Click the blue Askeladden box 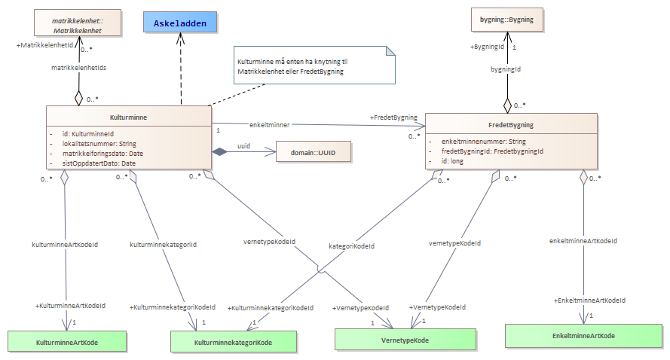click(180, 23)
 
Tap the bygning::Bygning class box click(506, 20)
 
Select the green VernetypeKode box click(406, 340)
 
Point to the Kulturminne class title click(129, 118)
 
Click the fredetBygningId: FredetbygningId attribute click(492, 151)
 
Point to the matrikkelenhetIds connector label click(77, 68)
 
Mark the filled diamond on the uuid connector click(219, 152)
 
